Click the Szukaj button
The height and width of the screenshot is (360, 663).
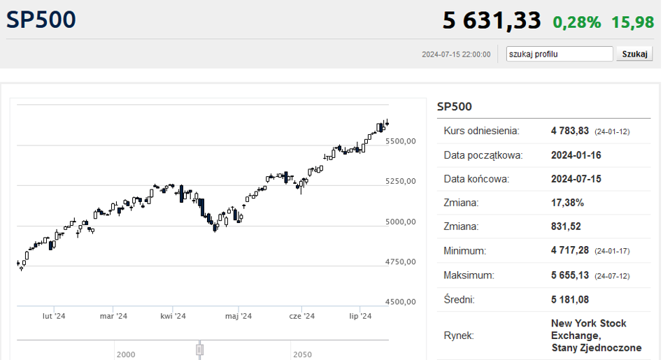tap(634, 54)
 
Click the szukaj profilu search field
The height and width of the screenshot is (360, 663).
tap(559, 54)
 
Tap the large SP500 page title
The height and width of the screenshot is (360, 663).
tap(41, 20)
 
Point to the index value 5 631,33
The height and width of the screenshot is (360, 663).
tap(492, 20)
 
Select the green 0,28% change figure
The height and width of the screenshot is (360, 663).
tap(577, 22)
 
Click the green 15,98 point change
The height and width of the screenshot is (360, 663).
tap(632, 22)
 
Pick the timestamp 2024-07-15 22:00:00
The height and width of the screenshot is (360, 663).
tap(456, 55)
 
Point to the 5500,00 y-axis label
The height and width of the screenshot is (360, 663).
tap(401, 141)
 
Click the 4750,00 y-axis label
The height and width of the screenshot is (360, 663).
tap(401, 261)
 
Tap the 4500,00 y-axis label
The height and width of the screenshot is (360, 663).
tap(401, 302)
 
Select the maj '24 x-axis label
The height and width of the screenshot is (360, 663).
tap(238, 316)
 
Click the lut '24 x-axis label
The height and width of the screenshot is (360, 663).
tap(54, 316)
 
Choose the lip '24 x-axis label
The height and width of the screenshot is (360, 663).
tap(360, 316)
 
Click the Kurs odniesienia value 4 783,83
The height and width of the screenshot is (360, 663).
tap(569, 131)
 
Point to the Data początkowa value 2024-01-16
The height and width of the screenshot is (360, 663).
tap(576, 155)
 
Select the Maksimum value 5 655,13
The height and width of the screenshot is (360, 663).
tap(569, 275)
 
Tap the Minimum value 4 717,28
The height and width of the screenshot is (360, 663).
tap(569, 250)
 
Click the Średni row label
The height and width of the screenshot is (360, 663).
tap(459, 300)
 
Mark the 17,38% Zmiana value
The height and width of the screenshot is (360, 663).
tap(567, 203)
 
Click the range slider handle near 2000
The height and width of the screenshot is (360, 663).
tap(199, 350)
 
